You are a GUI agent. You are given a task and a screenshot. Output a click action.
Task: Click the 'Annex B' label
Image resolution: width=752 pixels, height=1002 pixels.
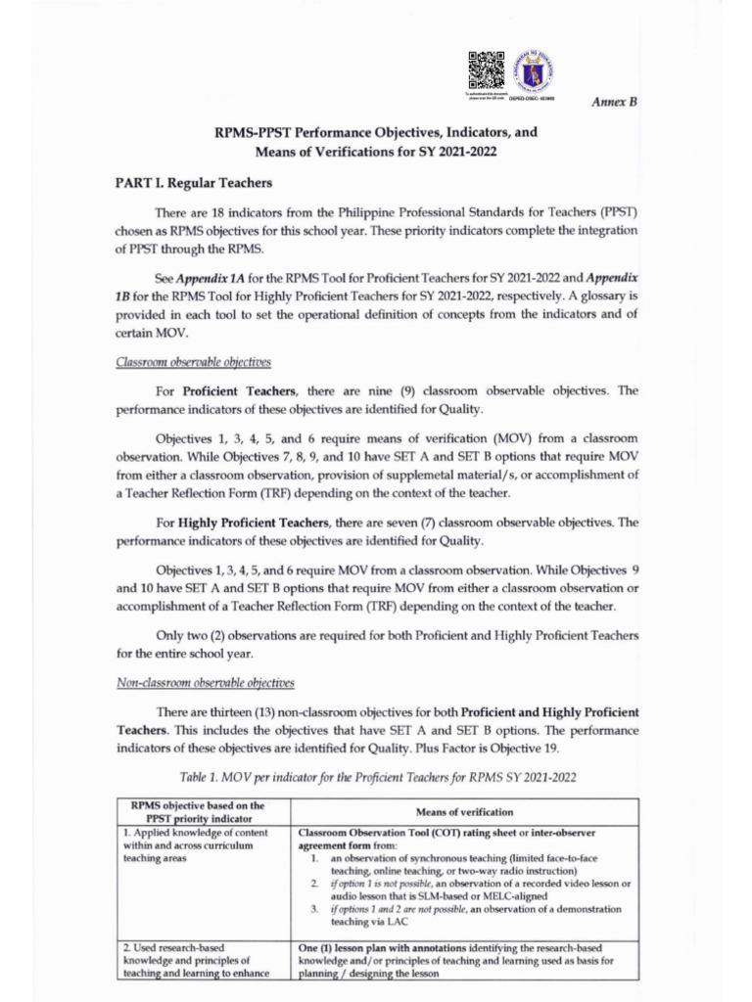615,102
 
